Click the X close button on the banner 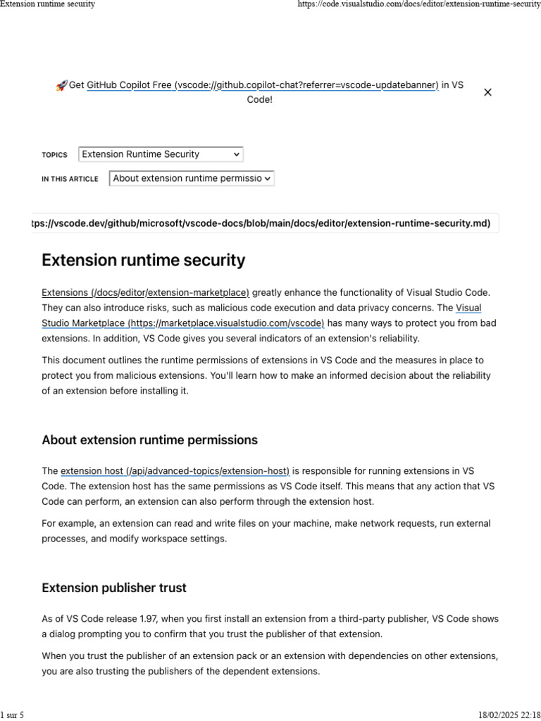point(487,92)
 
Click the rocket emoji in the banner point(61,85)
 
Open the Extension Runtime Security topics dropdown point(161,154)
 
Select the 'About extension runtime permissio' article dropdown point(192,179)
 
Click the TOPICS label point(54,155)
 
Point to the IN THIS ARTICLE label point(70,180)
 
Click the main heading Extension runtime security point(144,261)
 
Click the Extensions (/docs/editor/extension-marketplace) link point(145,292)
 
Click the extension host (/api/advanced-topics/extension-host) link point(175,470)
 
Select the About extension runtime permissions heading point(149,440)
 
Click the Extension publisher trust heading point(114,587)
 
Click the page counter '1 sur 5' point(12,715)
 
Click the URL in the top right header point(419,4)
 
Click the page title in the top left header point(47,4)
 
